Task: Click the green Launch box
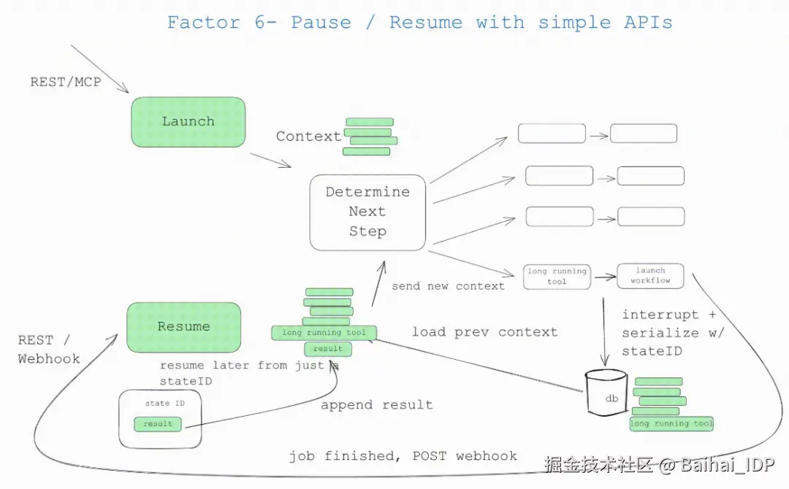coord(188,121)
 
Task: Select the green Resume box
coord(183,327)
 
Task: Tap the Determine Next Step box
coord(367,212)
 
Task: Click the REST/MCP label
coord(65,82)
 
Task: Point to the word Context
coord(308,136)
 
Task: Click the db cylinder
coord(606,394)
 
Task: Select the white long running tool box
coord(557,276)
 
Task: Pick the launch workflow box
coord(650,275)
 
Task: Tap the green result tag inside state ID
coord(157,424)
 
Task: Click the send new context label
coord(448,286)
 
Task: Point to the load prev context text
coord(484,332)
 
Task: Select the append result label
coord(376,405)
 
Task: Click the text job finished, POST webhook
coord(403,456)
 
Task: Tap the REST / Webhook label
coord(47,349)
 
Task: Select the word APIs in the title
coord(647,22)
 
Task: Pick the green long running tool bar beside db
coord(671,424)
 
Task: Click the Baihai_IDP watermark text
coord(727,464)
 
